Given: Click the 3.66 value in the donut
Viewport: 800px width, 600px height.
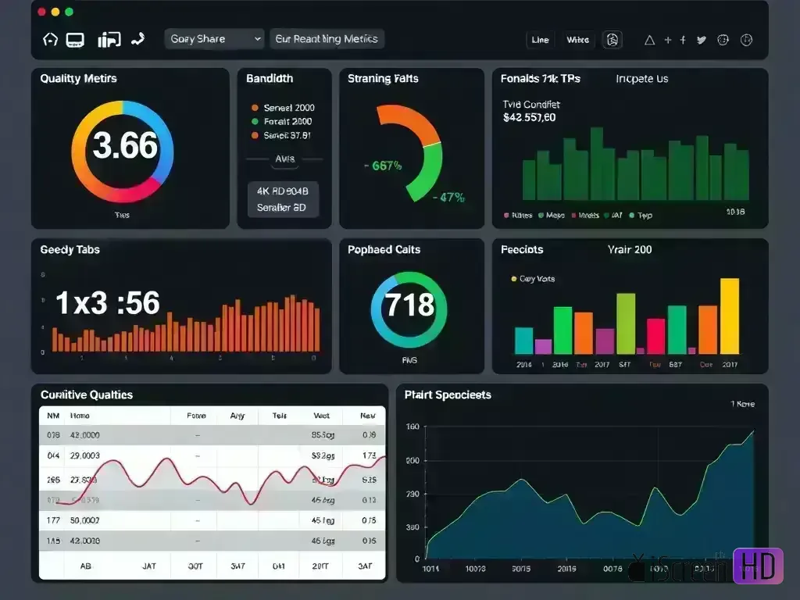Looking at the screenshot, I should (125, 146).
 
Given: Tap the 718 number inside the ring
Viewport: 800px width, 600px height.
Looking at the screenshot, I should (409, 304).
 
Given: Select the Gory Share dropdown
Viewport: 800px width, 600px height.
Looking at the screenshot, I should (214, 39).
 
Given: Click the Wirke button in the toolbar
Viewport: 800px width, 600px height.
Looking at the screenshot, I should (578, 40).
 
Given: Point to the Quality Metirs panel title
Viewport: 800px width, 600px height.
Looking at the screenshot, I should (78, 79).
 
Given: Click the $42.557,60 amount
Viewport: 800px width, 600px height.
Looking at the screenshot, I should (529, 118).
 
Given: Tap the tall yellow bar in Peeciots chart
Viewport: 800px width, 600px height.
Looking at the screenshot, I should (729, 316).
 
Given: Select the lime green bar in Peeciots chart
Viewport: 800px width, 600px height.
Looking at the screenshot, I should (626, 323).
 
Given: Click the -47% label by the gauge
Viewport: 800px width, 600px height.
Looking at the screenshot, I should (448, 198).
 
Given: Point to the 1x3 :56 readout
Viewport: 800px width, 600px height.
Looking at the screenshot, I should (108, 303).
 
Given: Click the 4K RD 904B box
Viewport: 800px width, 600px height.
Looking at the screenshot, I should (282, 191).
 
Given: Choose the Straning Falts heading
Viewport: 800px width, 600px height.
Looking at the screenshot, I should (383, 79).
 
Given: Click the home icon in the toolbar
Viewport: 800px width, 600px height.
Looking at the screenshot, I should (50, 40).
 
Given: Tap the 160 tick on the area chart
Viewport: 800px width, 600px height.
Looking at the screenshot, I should (412, 427).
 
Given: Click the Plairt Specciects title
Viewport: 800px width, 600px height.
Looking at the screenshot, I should (448, 395).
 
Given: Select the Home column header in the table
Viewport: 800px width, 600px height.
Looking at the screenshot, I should (80, 416).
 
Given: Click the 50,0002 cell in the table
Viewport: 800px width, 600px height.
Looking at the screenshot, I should (84, 520).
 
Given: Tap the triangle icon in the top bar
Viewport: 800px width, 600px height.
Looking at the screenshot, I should (648, 40).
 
